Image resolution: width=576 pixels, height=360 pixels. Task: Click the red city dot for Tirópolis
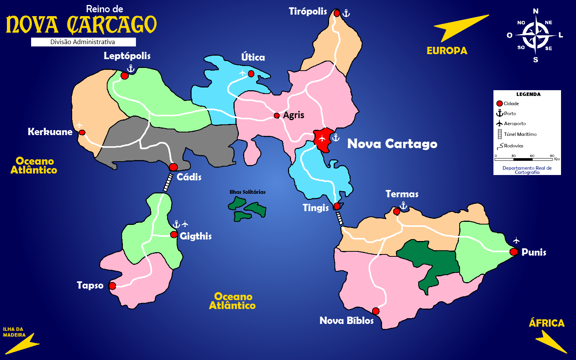coord(337,13)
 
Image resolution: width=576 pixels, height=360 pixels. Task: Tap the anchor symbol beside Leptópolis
coord(131,69)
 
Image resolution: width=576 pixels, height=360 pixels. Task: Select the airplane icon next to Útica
coord(242,73)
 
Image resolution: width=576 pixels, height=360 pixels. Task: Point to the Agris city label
coord(293,115)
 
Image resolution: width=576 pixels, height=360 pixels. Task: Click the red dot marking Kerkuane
coord(82,133)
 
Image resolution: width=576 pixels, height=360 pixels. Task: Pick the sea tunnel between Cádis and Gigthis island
coord(168,182)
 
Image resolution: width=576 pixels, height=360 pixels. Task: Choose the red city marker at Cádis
coord(173,167)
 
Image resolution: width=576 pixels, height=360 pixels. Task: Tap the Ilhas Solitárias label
coord(247,192)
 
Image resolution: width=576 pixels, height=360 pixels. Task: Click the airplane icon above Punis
coord(516,241)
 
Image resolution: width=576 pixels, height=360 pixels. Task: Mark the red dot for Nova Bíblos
coord(376,311)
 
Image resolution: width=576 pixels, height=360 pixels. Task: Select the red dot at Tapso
coord(112,286)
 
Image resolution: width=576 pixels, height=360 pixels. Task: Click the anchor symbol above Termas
coord(403,206)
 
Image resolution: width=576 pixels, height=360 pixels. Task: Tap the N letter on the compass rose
coord(536,11)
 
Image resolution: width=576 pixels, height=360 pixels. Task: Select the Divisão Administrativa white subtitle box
coord(83,42)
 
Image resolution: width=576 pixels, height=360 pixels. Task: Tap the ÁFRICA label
coord(546,323)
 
